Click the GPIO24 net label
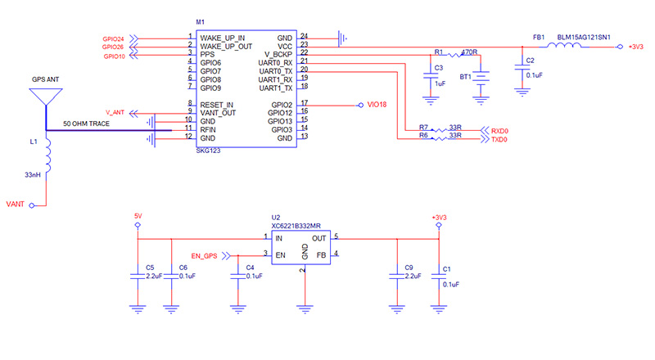(x=113, y=38)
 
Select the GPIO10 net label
(x=113, y=56)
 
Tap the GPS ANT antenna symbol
(x=47, y=92)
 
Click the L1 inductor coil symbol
(x=47, y=154)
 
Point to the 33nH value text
(x=33, y=174)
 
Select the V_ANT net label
(x=115, y=111)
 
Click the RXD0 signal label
(x=499, y=131)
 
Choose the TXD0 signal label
(x=499, y=140)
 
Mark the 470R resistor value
(x=469, y=52)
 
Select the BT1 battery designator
(x=466, y=76)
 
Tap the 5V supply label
(x=138, y=216)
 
